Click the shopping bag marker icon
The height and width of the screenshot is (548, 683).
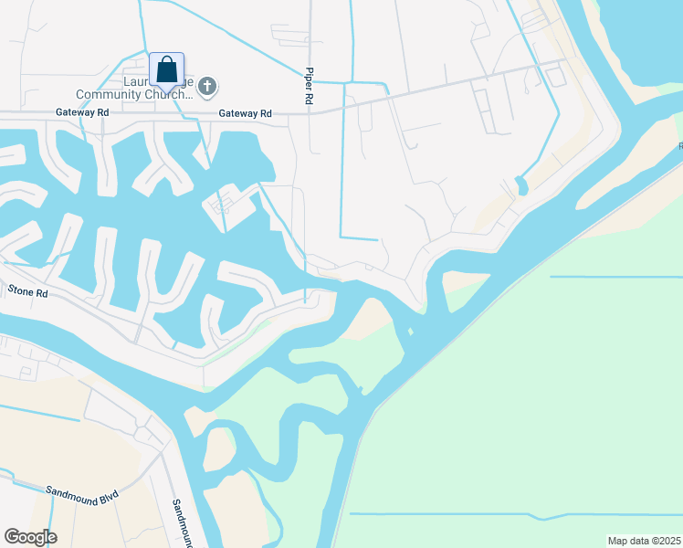click(x=166, y=69)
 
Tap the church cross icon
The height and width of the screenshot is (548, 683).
click(x=207, y=87)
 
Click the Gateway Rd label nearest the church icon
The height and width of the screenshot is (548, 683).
click(x=245, y=113)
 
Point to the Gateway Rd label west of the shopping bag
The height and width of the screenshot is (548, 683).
click(x=82, y=112)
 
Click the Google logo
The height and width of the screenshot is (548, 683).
click(x=30, y=537)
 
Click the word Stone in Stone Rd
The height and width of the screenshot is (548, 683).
click(x=20, y=290)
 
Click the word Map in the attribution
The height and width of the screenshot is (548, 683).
click(x=617, y=541)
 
